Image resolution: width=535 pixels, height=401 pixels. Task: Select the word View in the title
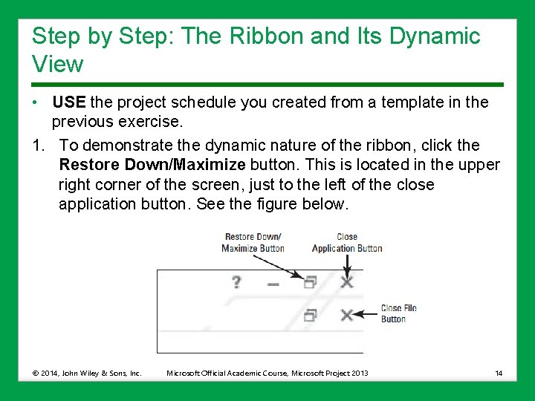click(x=58, y=65)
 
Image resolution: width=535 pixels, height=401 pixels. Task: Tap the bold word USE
click(x=69, y=102)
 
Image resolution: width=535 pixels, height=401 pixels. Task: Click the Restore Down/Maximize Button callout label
click(x=253, y=243)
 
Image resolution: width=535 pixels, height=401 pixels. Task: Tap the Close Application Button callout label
click(x=346, y=243)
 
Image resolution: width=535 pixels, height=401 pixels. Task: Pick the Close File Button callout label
click(x=398, y=313)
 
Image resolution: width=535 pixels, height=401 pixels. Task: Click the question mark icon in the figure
click(x=236, y=282)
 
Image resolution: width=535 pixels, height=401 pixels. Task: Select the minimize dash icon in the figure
click(x=273, y=284)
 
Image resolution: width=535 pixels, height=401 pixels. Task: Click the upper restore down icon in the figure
click(x=310, y=282)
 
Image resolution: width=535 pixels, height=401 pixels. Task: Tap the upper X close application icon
click(x=346, y=282)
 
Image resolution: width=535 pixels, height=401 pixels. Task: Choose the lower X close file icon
click(x=346, y=315)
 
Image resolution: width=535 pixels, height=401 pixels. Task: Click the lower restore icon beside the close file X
click(x=310, y=315)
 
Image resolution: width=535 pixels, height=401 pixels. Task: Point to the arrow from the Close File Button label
click(x=366, y=314)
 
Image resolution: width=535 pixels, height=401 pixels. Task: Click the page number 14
click(x=498, y=372)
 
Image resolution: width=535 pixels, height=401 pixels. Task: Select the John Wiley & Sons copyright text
click(x=87, y=372)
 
